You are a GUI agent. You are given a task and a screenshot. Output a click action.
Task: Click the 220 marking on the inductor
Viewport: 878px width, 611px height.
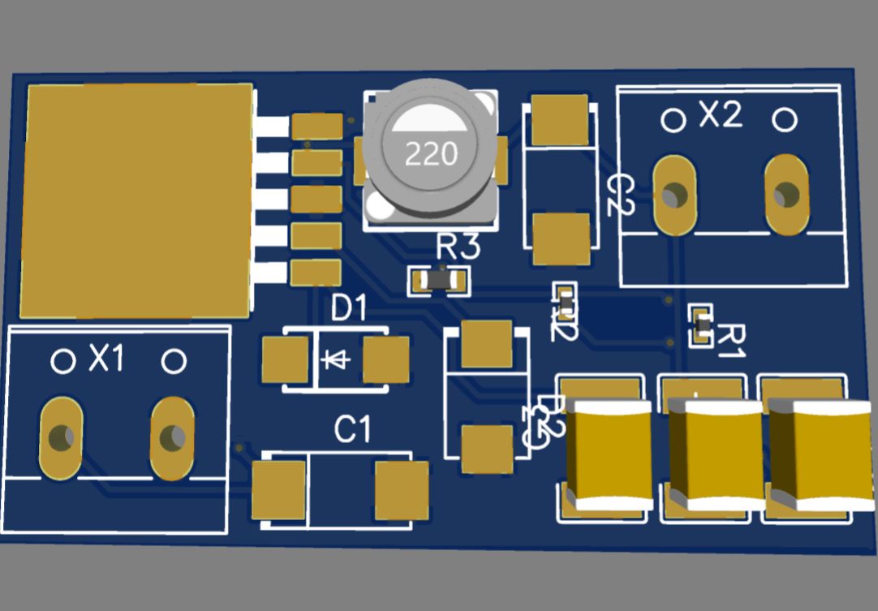click(432, 153)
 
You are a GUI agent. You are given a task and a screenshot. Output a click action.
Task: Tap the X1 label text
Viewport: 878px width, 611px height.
click(106, 358)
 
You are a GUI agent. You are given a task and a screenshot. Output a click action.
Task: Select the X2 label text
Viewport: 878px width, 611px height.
click(721, 116)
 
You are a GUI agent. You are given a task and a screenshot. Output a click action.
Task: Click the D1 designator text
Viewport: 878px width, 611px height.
click(350, 308)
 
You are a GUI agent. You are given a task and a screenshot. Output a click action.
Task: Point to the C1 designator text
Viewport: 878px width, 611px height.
click(352, 430)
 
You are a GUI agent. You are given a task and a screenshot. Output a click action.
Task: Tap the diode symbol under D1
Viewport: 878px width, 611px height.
click(334, 358)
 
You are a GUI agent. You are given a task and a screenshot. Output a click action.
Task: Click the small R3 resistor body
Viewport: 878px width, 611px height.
click(438, 281)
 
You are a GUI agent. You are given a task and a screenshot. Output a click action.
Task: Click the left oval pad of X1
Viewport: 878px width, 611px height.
click(61, 438)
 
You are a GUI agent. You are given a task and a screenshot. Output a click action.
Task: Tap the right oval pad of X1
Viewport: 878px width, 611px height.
click(172, 438)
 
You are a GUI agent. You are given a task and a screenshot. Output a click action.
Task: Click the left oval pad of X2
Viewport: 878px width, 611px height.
click(674, 196)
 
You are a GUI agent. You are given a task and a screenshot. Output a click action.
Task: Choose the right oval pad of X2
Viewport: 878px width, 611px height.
click(786, 196)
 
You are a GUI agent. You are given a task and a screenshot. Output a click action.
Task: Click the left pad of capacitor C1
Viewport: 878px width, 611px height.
click(278, 489)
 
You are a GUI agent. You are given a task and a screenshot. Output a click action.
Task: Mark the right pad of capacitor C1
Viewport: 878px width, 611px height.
click(402, 489)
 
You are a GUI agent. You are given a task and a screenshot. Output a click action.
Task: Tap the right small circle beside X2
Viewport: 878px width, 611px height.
click(785, 121)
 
